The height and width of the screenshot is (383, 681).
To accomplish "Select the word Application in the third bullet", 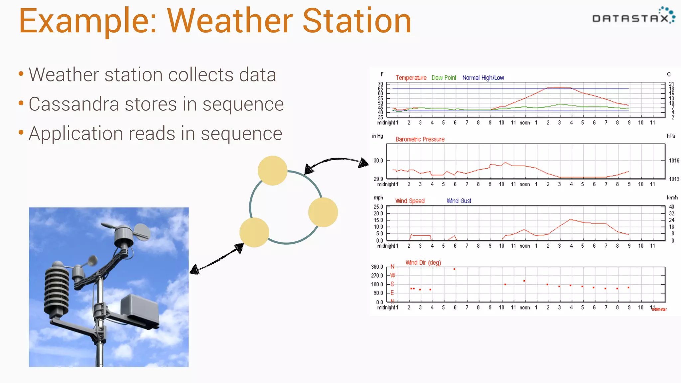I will (x=76, y=134).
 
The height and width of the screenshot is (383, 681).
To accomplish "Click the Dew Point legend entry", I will (x=444, y=78).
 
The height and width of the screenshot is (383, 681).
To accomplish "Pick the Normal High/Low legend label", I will (x=483, y=78).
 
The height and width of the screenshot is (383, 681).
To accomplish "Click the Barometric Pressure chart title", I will (x=420, y=139).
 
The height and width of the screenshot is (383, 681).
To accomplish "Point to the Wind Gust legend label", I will (x=459, y=201).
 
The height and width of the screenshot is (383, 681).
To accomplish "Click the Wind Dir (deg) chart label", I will (x=423, y=263).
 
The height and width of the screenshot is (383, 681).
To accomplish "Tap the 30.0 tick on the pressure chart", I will (x=378, y=161).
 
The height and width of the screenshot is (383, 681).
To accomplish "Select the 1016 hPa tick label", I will (x=674, y=161).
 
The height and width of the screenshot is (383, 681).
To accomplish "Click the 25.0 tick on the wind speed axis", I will (x=378, y=207).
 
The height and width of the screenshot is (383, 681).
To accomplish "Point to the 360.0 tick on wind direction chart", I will (x=377, y=267).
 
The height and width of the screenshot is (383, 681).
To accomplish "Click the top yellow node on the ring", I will (x=272, y=171).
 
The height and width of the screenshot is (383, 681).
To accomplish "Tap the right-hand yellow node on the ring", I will (x=323, y=212).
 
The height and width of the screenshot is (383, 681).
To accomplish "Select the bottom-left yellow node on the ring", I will (x=254, y=232).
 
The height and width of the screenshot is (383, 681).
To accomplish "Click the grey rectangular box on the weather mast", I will (x=140, y=309).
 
